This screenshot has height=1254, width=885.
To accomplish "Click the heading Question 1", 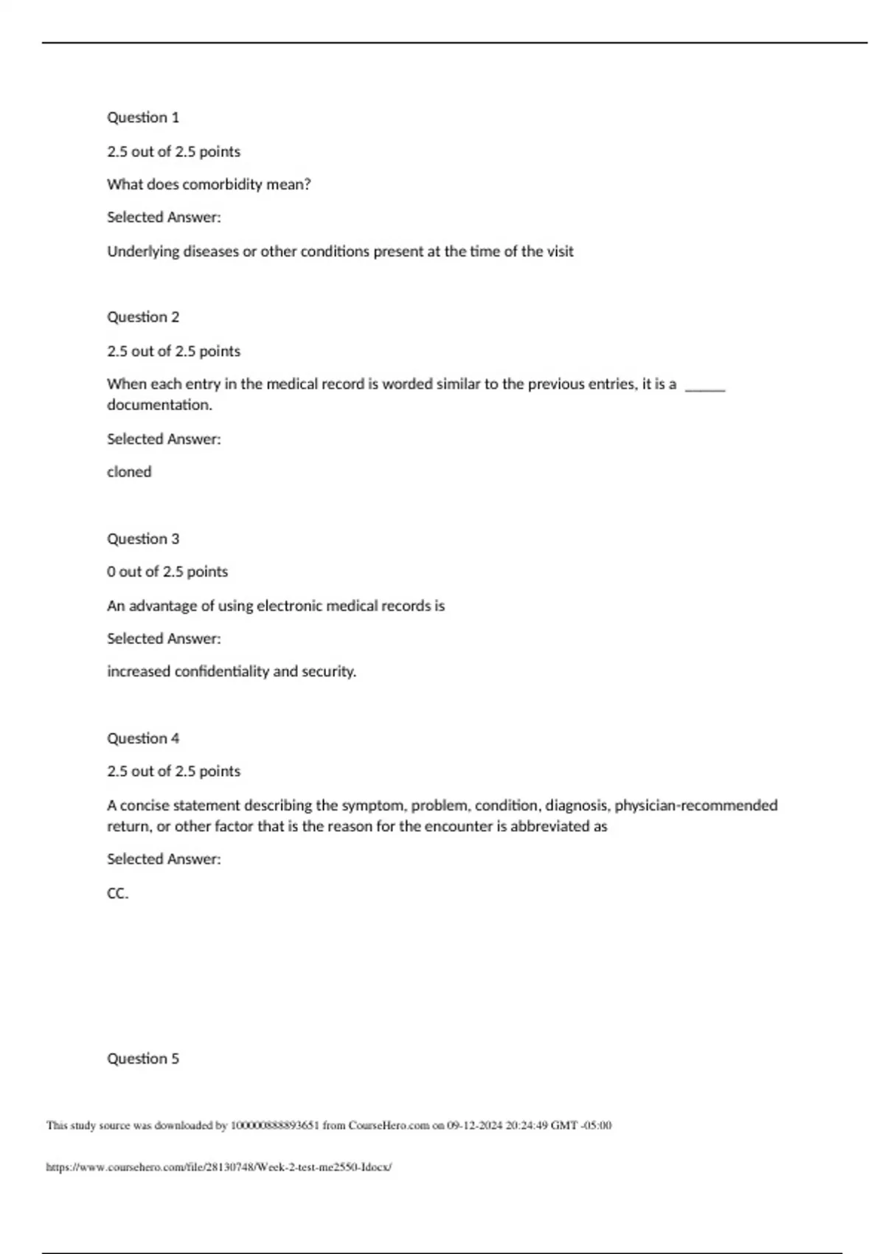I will [x=143, y=117].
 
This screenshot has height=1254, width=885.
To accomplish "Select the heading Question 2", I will [x=143, y=317].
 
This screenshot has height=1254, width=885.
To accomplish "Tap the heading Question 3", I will [x=143, y=538].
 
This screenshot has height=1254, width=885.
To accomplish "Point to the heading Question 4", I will [x=143, y=738].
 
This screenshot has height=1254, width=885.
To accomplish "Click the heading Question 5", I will [x=143, y=1059].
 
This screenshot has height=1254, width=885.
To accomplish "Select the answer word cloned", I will [x=129, y=472].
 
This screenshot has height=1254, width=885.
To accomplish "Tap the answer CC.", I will [x=117, y=893].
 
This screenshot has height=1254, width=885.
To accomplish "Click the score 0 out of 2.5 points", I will [x=167, y=572].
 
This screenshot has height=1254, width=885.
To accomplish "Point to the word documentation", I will [x=159, y=405].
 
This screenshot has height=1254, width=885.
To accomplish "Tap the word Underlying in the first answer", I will [x=143, y=252].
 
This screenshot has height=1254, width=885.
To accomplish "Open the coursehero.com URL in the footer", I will [x=218, y=1167].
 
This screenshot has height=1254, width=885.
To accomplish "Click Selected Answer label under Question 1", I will [x=164, y=218].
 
